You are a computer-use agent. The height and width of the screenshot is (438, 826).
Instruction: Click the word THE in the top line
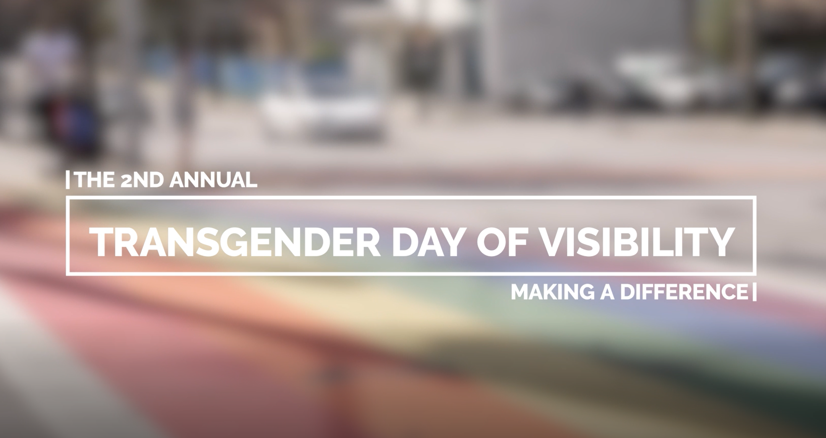pyautogui.click(x=95, y=180)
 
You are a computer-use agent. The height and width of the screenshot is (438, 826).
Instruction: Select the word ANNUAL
pyautogui.click(x=213, y=180)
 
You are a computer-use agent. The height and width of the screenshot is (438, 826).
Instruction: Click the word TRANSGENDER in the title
pyautogui.click(x=235, y=242)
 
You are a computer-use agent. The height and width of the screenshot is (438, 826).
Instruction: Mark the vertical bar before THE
pyautogui.click(x=68, y=180)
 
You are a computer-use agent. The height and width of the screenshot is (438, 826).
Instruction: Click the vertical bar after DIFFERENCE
pyautogui.click(x=754, y=292)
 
